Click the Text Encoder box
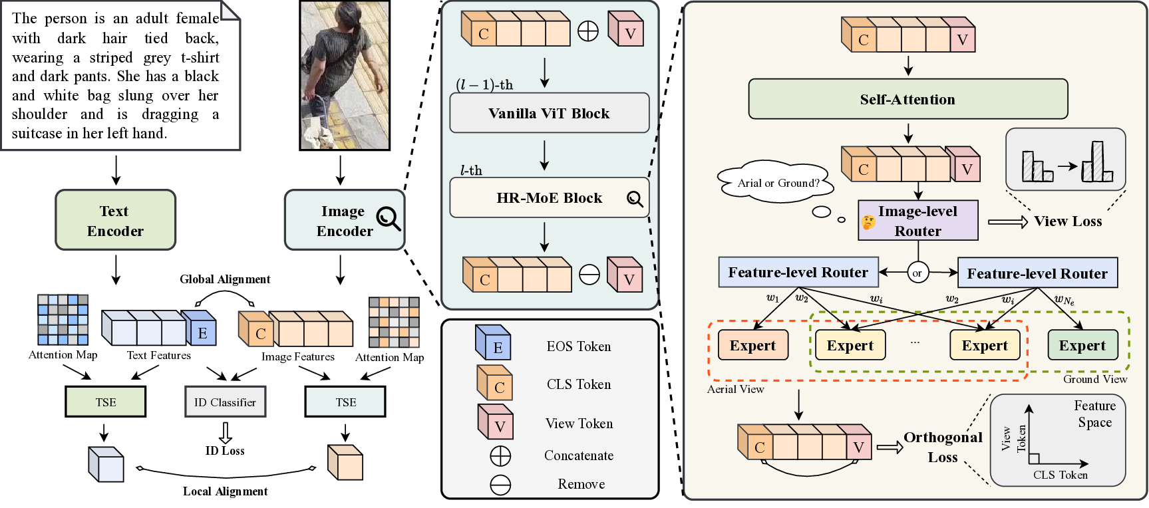click(115, 220)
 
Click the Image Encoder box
click(344, 220)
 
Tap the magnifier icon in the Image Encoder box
click(388, 218)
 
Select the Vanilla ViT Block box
click(549, 113)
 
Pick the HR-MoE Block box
click(549, 197)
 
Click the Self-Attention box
click(907, 99)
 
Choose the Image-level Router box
click(917, 221)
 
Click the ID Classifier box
click(225, 402)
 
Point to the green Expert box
click(1082, 345)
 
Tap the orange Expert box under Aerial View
click(752, 345)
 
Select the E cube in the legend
click(493, 342)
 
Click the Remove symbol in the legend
click(500, 485)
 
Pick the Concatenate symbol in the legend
click(500, 456)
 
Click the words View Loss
click(1067, 221)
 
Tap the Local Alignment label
click(225, 491)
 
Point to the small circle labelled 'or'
click(917, 273)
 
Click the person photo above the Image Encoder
click(344, 75)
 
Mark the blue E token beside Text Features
click(200, 328)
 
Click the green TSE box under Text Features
click(105, 402)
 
